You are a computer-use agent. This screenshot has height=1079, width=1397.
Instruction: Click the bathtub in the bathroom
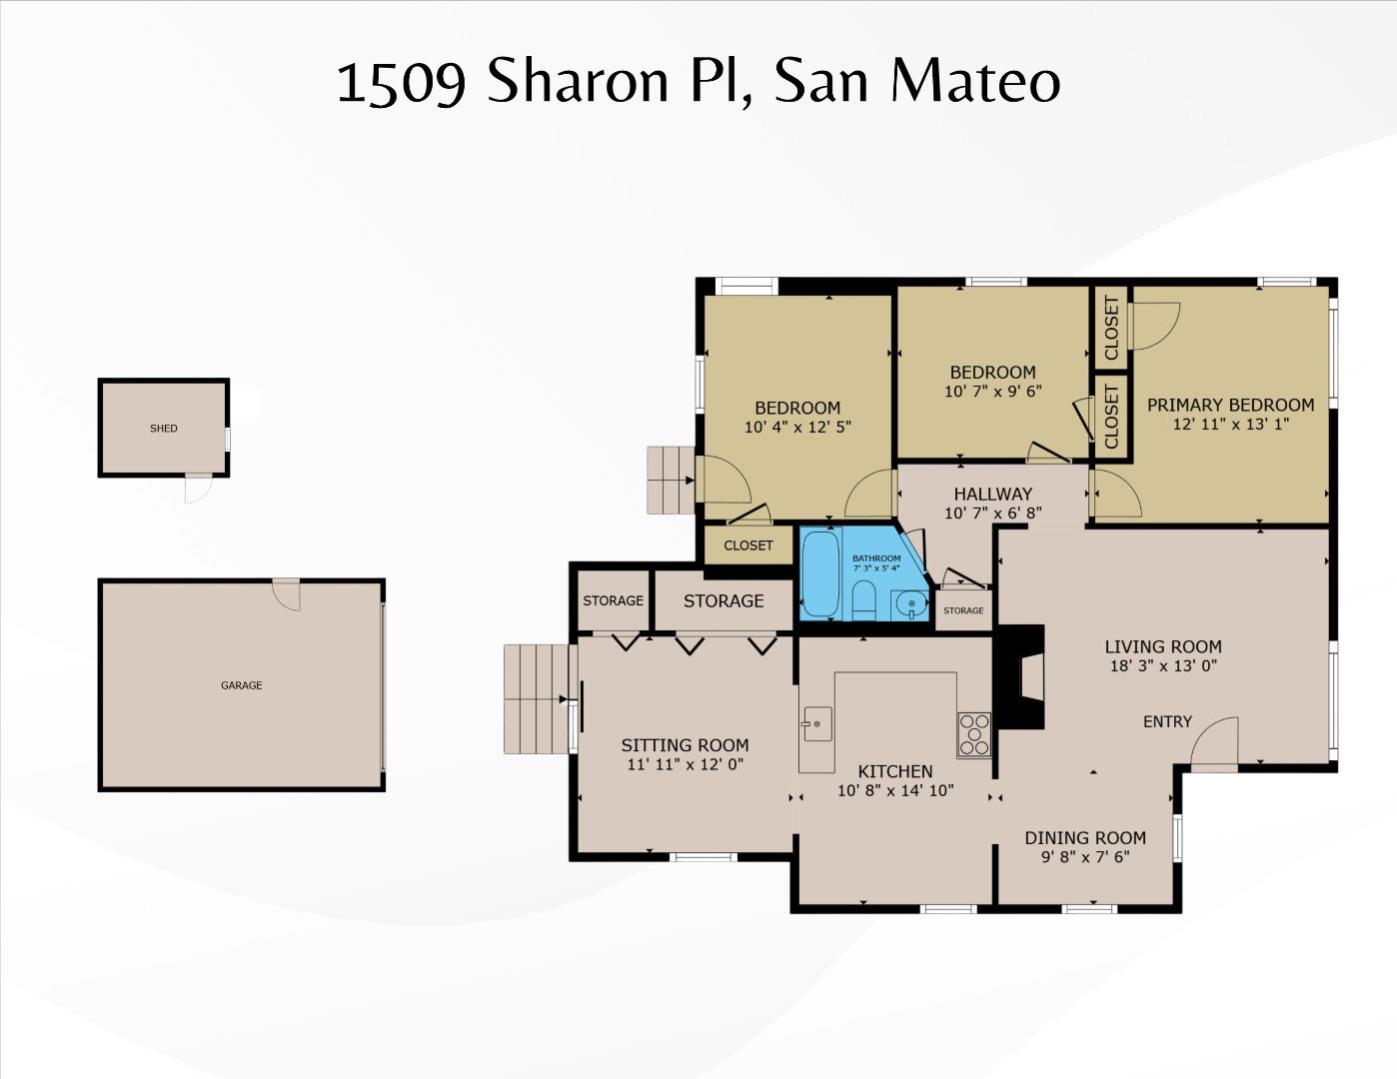tap(822, 575)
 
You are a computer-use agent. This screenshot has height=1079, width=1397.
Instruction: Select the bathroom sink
tap(910, 604)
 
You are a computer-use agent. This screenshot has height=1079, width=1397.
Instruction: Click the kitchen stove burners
tap(973, 734)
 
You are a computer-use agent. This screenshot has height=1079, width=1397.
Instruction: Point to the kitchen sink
tap(816, 723)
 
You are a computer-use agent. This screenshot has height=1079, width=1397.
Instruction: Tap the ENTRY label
tap(1167, 721)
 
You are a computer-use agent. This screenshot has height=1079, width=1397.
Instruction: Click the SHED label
tap(164, 428)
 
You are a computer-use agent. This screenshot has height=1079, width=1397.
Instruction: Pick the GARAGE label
tap(242, 685)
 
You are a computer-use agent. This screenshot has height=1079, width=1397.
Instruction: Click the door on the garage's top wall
tap(287, 593)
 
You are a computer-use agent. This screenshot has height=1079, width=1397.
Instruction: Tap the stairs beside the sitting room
tap(537, 698)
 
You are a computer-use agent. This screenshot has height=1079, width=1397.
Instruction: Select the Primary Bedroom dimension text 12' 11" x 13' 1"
tap(1230, 424)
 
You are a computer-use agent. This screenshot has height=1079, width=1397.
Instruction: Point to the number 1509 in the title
tap(401, 83)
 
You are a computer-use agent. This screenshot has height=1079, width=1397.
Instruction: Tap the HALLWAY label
tap(992, 494)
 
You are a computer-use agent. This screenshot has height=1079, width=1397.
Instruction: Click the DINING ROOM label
tap(1085, 837)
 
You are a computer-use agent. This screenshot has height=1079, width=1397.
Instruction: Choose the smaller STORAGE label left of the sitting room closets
tap(613, 600)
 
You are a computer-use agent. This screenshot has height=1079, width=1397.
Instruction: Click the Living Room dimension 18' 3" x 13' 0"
tap(1162, 665)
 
